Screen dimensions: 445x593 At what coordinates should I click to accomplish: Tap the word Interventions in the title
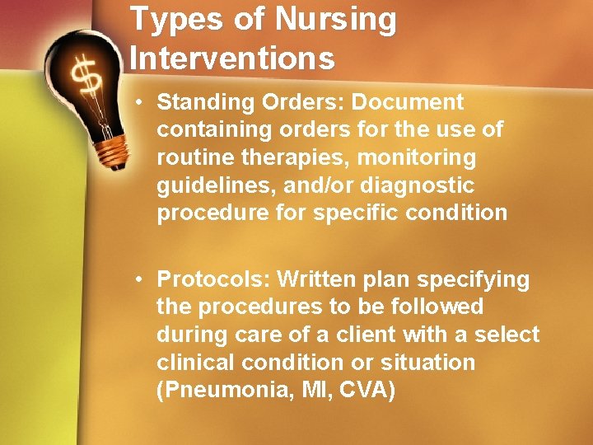coord(232,58)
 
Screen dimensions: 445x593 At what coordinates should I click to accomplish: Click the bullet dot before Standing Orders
coord(142,103)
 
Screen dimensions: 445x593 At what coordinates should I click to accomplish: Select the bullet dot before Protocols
coord(142,280)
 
